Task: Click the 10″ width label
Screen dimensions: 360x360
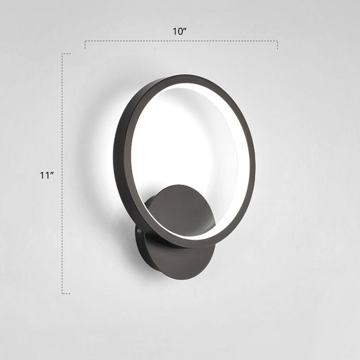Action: [180, 31]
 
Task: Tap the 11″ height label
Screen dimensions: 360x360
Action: [47, 176]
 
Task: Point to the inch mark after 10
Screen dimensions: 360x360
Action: [185, 30]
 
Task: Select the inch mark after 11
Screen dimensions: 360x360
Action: [52, 175]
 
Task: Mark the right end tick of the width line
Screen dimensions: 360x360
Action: [277, 45]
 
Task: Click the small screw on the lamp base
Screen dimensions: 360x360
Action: [139, 231]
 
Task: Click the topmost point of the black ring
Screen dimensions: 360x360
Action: [180, 75]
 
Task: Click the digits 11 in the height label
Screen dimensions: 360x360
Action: [44, 176]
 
